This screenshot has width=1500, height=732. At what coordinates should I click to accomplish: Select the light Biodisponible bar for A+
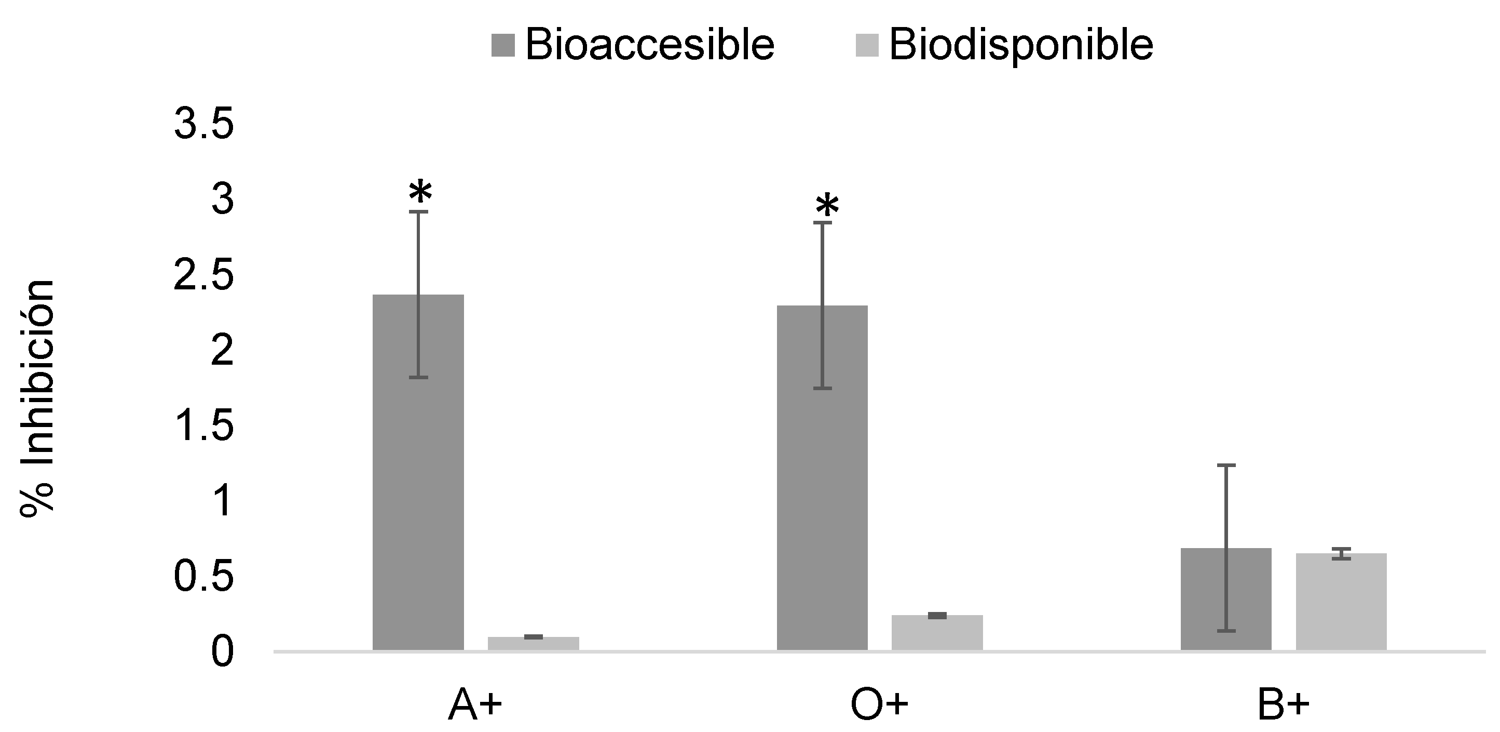click(534, 643)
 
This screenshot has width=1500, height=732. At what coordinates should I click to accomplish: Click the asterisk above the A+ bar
click(420, 193)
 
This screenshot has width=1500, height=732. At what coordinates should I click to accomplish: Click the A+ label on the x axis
click(474, 707)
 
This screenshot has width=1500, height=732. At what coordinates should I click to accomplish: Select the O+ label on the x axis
click(879, 707)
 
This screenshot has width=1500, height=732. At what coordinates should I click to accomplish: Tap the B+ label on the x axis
click(1284, 707)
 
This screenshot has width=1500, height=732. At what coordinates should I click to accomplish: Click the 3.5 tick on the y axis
click(204, 125)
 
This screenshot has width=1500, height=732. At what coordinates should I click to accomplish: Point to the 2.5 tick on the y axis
click(204, 276)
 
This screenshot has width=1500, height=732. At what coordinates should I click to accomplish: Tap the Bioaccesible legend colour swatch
click(503, 45)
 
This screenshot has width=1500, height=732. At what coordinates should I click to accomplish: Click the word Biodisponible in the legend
click(1021, 45)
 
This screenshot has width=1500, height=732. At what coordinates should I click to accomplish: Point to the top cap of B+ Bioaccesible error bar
click(1226, 465)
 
